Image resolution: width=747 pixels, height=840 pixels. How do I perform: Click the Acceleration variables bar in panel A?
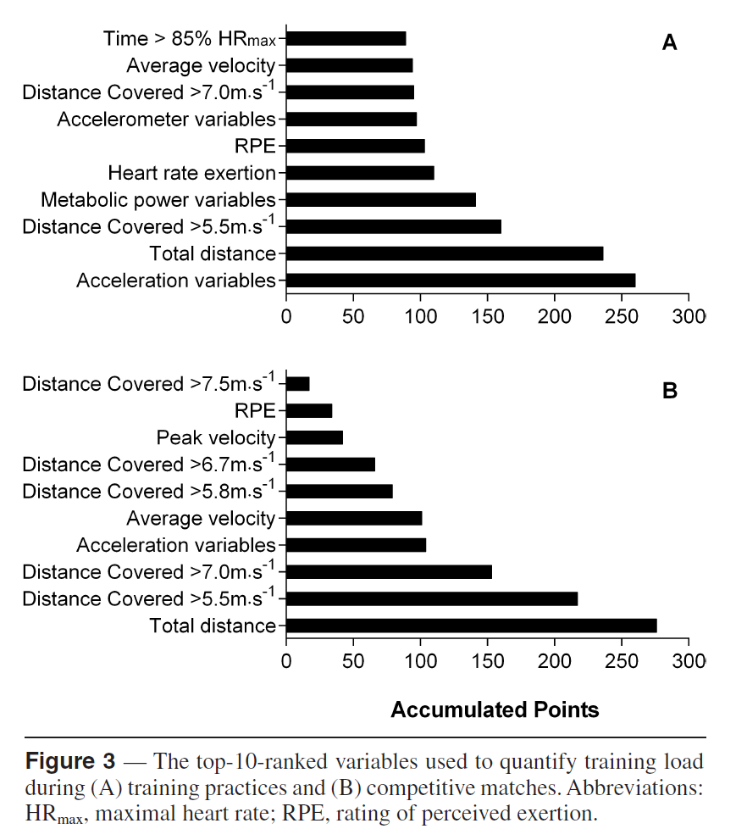[x=461, y=281]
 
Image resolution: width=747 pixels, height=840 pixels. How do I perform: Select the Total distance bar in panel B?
[x=472, y=626]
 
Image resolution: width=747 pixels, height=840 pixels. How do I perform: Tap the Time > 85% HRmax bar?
[x=346, y=38]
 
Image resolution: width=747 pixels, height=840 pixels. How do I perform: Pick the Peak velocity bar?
[x=315, y=437]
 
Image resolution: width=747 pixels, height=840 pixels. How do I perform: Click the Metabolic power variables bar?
[x=381, y=200]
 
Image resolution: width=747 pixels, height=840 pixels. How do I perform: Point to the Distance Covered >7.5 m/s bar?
[x=298, y=384]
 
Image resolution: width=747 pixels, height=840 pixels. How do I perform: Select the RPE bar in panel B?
[x=309, y=411]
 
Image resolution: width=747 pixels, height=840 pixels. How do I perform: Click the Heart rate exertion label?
[x=192, y=174]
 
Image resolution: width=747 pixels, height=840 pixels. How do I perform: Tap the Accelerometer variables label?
[x=167, y=120]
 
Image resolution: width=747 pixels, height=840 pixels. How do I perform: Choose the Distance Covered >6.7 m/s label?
[x=149, y=465]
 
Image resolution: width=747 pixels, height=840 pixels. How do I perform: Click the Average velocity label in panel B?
[x=202, y=519]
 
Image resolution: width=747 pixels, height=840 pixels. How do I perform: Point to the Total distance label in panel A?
[x=213, y=253]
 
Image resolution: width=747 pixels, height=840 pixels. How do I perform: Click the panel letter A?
[x=669, y=43]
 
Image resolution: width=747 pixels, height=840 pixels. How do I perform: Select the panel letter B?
[x=669, y=392]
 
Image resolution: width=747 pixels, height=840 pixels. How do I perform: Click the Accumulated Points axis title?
[x=495, y=710]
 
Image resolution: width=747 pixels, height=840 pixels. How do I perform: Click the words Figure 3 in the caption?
[x=70, y=760]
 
